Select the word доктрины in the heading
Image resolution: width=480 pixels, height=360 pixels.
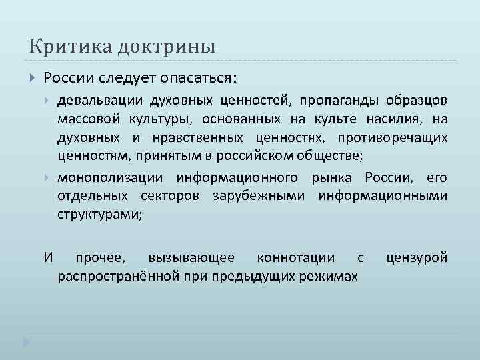[157, 47]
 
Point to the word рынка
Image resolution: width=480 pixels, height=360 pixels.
[335, 178]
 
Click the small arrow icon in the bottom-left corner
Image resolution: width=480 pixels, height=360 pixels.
[26, 342]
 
